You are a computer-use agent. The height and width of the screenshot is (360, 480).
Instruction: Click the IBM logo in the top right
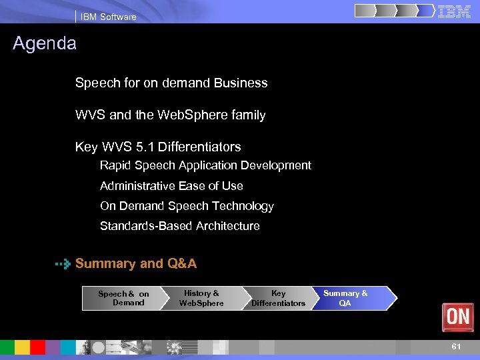click(455, 11)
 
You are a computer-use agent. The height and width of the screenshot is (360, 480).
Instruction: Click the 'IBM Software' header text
click(108, 17)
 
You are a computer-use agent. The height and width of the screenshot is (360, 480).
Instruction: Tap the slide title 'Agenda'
click(45, 44)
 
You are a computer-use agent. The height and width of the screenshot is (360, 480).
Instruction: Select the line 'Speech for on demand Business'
click(171, 83)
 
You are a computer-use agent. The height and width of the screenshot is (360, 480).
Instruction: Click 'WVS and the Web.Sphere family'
click(170, 115)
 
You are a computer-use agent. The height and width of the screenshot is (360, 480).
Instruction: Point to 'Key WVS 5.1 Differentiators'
click(158, 147)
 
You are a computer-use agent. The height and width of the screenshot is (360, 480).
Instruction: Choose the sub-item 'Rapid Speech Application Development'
click(205, 165)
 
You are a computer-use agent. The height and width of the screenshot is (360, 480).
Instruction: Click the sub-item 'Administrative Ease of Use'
click(171, 186)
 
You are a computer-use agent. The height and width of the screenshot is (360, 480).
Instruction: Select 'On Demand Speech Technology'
click(187, 206)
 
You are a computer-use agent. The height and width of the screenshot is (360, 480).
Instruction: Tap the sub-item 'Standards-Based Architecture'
click(180, 226)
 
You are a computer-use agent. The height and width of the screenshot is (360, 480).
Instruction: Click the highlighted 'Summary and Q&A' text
click(136, 263)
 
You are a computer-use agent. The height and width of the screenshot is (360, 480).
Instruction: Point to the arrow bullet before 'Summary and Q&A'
click(63, 264)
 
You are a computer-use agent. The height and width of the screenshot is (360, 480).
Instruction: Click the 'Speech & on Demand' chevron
click(123, 298)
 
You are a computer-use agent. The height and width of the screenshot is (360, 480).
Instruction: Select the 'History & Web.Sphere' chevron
click(201, 298)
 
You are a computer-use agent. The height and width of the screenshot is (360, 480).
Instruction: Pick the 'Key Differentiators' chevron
click(278, 298)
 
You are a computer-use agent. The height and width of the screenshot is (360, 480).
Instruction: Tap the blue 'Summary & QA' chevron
click(350, 298)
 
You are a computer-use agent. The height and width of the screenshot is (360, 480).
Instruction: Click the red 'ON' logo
click(458, 317)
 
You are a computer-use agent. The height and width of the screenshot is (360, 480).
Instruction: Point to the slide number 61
click(456, 347)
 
